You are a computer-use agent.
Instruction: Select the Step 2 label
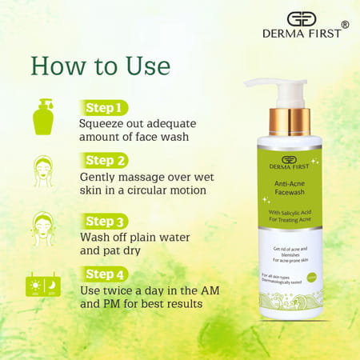[x=104, y=160]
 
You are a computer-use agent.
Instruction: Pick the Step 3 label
[x=104, y=221]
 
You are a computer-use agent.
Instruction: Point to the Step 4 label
[x=104, y=274]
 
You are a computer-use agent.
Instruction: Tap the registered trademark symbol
[x=345, y=25]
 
